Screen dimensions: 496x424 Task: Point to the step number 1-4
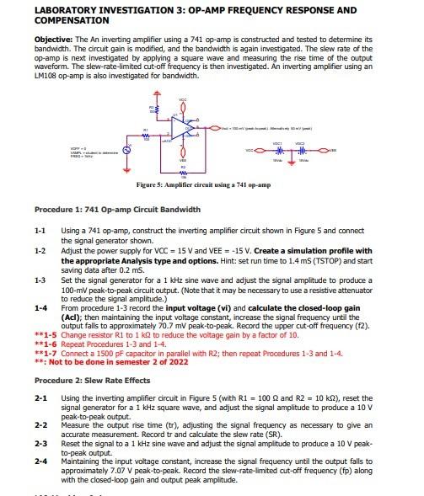(x=40, y=309)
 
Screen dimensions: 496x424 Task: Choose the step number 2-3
(x=40, y=442)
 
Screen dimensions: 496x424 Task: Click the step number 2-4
(x=40, y=461)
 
